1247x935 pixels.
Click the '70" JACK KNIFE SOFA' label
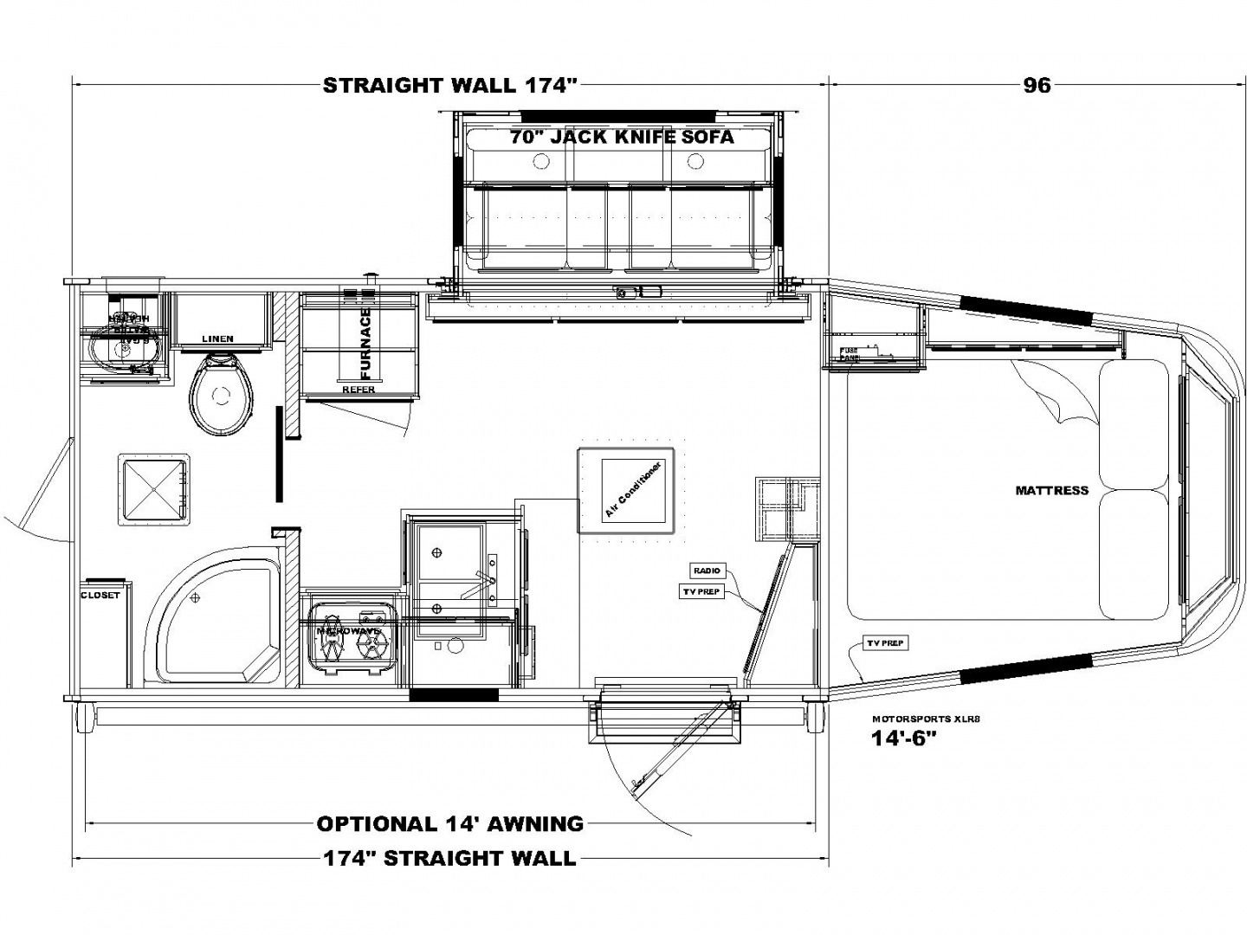pos(622,136)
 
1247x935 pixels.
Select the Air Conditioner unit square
pos(626,490)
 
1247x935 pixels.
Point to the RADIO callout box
pos(706,571)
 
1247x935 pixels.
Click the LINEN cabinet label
pos(217,339)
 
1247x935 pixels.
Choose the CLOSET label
pos(100,596)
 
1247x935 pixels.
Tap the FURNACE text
pos(365,344)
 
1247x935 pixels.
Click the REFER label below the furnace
pos(359,390)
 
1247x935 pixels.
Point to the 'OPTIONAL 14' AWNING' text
pos(449,823)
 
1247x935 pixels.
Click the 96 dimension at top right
pos(1037,85)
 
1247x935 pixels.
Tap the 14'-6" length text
pos(905,738)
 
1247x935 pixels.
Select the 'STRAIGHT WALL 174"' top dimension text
pos(449,85)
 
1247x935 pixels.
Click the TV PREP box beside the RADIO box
pos(701,592)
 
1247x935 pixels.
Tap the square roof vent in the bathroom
pos(154,489)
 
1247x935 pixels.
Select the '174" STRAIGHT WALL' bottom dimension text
pos(449,858)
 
